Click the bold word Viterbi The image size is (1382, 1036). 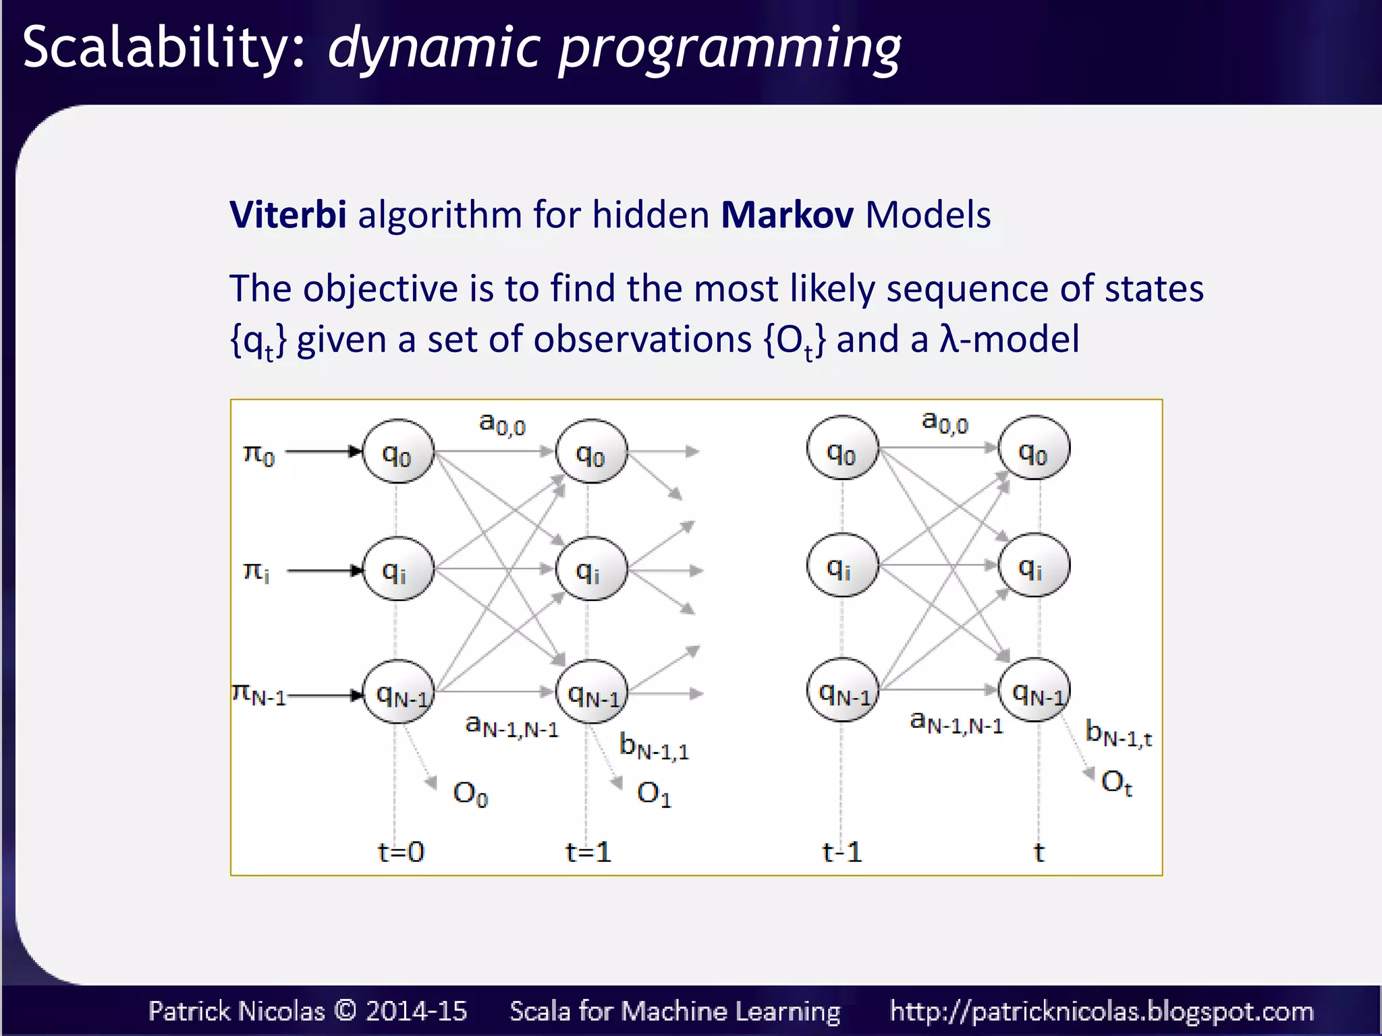coord(288,214)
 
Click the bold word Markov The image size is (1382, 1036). coord(787,214)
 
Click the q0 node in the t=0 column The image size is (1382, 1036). coord(398,452)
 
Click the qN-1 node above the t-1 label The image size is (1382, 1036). coord(843,690)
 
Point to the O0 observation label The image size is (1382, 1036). coord(470,794)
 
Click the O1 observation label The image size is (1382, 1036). coord(654,794)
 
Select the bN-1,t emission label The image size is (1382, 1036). coord(1118,733)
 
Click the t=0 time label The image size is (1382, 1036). coord(400,852)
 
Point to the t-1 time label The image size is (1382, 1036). coord(841,852)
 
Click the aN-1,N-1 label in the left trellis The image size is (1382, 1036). coord(512,726)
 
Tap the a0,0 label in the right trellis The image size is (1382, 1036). coord(945,422)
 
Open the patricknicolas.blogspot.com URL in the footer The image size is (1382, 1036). coord(1101,1011)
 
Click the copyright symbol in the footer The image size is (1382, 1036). coord(345,1010)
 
